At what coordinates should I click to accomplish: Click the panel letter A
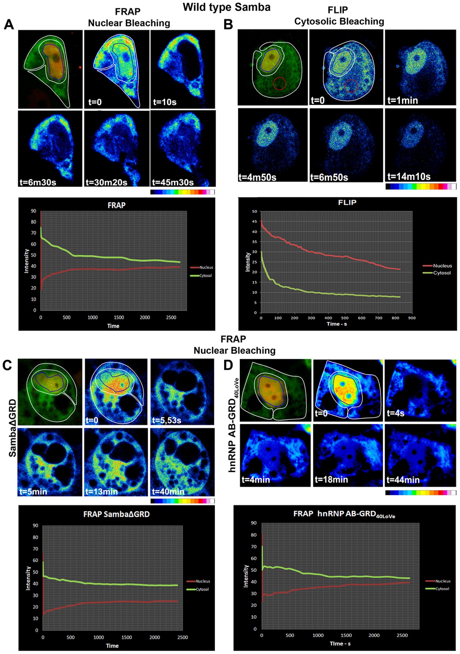point(9,24)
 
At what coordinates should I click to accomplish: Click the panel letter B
point(228,24)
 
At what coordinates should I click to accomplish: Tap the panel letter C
point(7,365)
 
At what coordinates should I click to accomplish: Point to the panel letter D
point(228,365)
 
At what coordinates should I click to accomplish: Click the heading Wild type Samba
point(226,7)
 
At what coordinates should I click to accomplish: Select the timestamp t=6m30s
point(38,182)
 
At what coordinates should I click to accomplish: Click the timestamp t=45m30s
point(173,182)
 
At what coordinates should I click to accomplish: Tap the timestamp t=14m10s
point(409,177)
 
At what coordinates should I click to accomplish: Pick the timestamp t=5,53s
point(166,420)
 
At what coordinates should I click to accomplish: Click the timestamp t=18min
point(331,479)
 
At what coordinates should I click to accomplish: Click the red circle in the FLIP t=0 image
point(351,86)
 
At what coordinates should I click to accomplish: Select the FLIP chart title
point(347,203)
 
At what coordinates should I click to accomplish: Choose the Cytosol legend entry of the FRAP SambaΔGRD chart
point(202,589)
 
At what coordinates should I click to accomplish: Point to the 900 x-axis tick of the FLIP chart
point(412,318)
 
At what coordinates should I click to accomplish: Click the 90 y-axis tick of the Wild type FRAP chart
point(33,211)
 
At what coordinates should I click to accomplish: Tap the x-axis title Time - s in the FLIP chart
point(337,324)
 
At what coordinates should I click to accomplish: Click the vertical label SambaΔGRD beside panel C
point(13,428)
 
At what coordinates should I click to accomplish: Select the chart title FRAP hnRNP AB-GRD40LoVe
point(344,514)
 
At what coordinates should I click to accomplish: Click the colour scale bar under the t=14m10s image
point(421,187)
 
